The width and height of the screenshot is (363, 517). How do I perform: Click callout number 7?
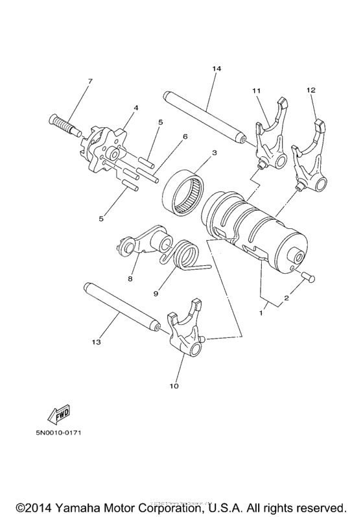[x=90, y=81]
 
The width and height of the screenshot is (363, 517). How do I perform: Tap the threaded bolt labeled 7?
[x=63, y=124]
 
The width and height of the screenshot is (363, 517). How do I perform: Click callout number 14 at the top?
[x=215, y=68]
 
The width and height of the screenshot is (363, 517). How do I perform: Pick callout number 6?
[x=185, y=136]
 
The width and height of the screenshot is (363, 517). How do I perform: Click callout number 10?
[x=173, y=386]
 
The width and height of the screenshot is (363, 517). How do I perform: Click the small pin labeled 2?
[x=307, y=277]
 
